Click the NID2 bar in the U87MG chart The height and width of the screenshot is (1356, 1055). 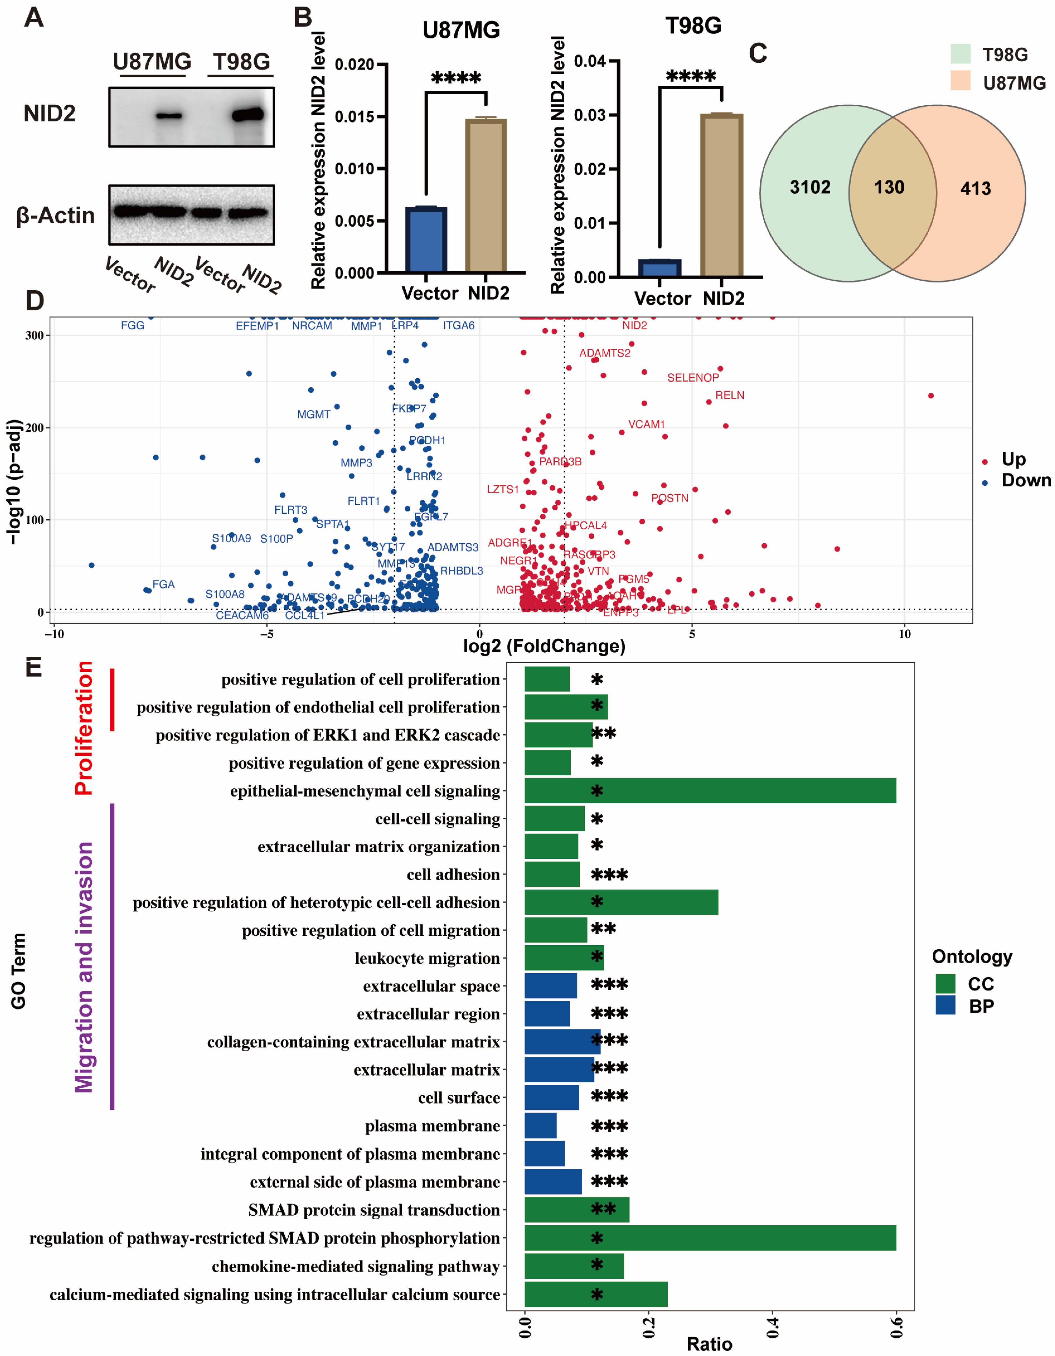tap(486, 196)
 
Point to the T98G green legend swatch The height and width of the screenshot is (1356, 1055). tap(960, 54)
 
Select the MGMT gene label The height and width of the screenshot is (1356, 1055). tap(314, 414)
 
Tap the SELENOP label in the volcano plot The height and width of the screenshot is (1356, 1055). tap(692, 377)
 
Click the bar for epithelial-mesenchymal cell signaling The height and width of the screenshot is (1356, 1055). tap(710, 790)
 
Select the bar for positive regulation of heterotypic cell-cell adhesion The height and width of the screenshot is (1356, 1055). tap(621, 902)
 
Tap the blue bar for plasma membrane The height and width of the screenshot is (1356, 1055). tap(540, 1126)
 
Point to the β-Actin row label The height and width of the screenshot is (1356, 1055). tap(55, 216)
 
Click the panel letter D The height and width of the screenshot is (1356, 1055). tap(35, 300)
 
